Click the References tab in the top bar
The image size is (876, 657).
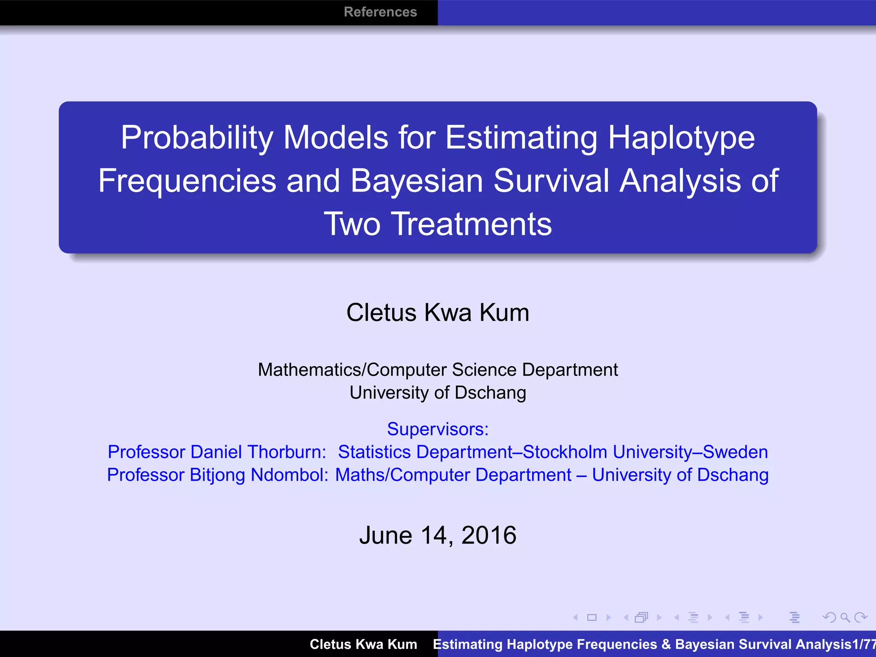[x=380, y=12]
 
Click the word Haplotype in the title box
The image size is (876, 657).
[x=681, y=138]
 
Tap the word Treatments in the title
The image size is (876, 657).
[x=472, y=224]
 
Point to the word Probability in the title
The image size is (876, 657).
[x=197, y=138]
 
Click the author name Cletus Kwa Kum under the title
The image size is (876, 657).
[x=438, y=313]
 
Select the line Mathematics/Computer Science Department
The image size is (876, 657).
[x=438, y=370]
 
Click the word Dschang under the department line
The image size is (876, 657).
[x=490, y=393]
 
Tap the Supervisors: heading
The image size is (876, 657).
[x=438, y=429]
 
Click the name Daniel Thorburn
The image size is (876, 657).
[x=258, y=452]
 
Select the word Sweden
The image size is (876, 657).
[x=735, y=452]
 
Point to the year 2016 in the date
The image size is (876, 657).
[x=488, y=535]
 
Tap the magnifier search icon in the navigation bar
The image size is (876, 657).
[x=844, y=617]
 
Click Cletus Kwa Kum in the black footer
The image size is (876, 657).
[x=363, y=644]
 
